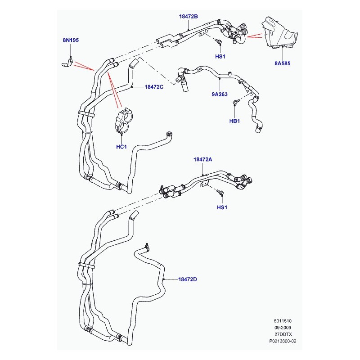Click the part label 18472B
click(x=188, y=17)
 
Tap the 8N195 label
click(x=71, y=40)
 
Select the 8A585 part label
click(x=283, y=63)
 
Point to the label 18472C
click(x=154, y=87)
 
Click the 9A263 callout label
click(x=220, y=94)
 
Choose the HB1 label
click(x=234, y=121)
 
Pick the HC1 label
click(x=121, y=147)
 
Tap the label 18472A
click(x=203, y=159)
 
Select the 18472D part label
click(x=188, y=279)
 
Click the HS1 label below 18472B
click(x=220, y=57)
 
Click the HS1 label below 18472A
click(x=222, y=207)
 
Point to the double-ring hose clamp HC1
click(x=124, y=120)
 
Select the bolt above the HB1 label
click(x=236, y=102)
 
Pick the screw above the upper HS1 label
click(x=218, y=41)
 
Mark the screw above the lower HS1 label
click(x=220, y=192)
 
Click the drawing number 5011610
click(x=283, y=321)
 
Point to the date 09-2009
click(x=283, y=328)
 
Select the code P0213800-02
click(x=283, y=341)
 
